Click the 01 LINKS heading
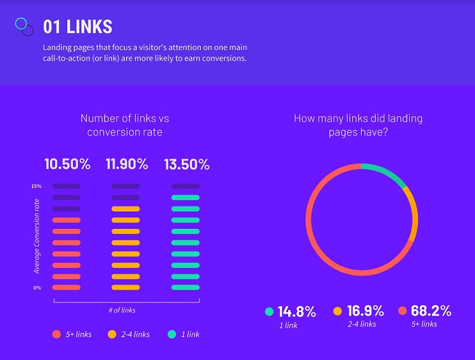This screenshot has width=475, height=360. point(77,27)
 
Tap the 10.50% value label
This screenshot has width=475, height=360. point(66,165)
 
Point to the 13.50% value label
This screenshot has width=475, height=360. point(186,165)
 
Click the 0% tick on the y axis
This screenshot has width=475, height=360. point(37,288)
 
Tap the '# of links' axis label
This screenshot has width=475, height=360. point(122,310)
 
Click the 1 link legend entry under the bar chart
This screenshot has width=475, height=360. point(184,334)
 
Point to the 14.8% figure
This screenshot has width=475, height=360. point(296,311)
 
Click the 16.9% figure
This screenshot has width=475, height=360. point(365,311)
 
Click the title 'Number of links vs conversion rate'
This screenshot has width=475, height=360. point(125,125)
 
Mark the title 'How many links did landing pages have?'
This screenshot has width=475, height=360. point(358,125)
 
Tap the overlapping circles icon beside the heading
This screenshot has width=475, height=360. point(24,26)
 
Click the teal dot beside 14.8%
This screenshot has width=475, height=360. point(269,311)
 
